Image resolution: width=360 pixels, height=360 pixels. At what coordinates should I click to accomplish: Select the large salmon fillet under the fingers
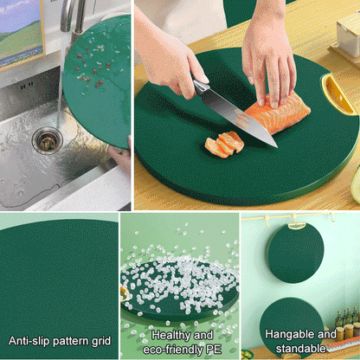(x=280, y=112)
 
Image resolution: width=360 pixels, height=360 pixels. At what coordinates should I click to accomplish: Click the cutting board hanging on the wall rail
(x=295, y=251)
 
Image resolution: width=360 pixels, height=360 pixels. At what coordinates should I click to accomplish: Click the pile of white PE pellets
(x=173, y=260)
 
